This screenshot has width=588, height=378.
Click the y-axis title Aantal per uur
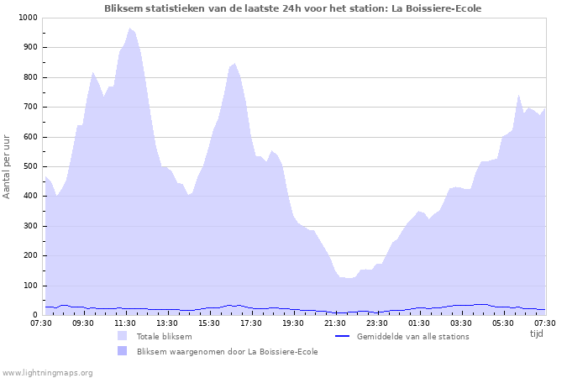(x=8, y=166)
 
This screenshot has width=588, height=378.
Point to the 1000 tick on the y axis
(x=28, y=18)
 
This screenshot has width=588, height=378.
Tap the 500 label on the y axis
(x=30, y=166)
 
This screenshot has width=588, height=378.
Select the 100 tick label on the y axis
(x=30, y=286)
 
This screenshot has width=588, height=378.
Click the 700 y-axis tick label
(x=30, y=107)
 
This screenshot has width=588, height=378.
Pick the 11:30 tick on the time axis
(x=125, y=323)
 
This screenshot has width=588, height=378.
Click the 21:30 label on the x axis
(x=335, y=323)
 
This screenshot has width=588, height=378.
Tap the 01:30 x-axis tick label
(x=419, y=323)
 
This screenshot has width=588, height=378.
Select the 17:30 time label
(x=251, y=323)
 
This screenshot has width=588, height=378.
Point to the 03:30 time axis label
(x=461, y=323)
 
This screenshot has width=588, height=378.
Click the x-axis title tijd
(x=536, y=333)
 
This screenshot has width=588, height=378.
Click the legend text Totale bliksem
(x=165, y=336)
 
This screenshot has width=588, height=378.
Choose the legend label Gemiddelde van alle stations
(x=412, y=336)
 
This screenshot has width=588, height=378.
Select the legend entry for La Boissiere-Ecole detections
(x=227, y=351)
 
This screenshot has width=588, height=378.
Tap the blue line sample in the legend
(x=341, y=336)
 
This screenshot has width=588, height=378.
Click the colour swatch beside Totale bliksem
(x=123, y=336)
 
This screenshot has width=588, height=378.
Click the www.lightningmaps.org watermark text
(x=47, y=372)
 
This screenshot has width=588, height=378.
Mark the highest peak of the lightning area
(x=130, y=29)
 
